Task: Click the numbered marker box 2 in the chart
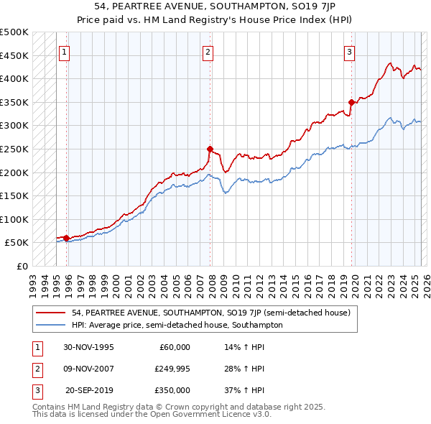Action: click(x=208, y=52)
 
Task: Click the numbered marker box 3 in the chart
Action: click(x=349, y=52)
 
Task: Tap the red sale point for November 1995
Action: click(x=66, y=238)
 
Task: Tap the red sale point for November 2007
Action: click(x=210, y=149)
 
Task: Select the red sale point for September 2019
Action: click(x=351, y=102)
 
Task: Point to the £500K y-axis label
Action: click(x=14, y=32)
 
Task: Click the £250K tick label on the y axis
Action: click(x=14, y=149)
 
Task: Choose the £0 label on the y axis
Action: click(x=22, y=266)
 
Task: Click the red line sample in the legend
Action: click(x=51, y=313)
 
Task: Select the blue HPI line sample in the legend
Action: click(x=51, y=325)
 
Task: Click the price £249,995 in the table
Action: click(x=172, y=369)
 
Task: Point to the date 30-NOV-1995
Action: click(x=88, y=347)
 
